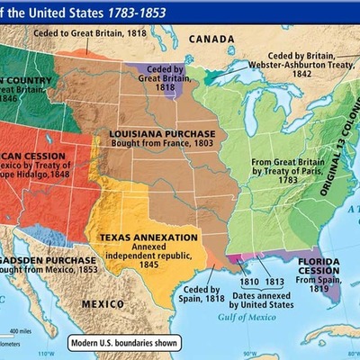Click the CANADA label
point(213,39)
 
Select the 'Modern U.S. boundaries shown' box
point(124,343)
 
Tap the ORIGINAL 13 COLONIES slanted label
point(335,148)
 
